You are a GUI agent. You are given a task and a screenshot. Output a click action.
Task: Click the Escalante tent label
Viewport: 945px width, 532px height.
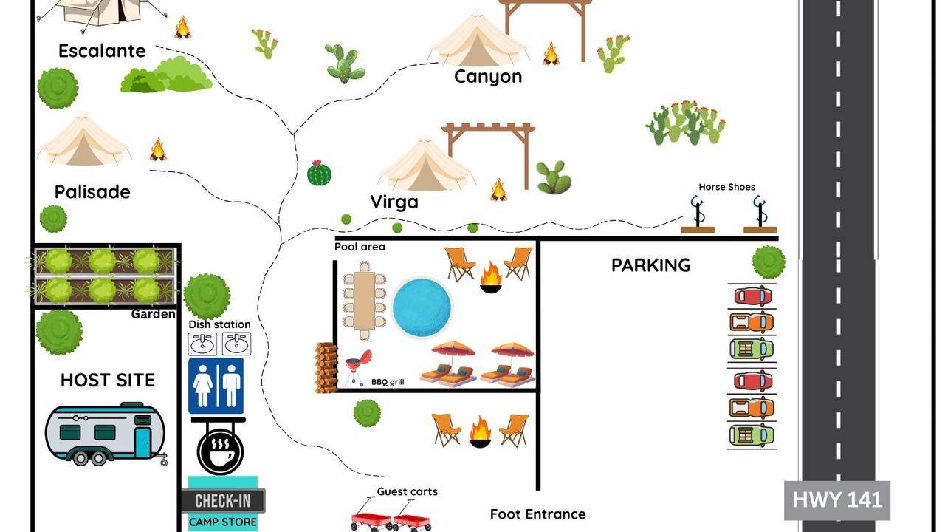click(x=102, y=51)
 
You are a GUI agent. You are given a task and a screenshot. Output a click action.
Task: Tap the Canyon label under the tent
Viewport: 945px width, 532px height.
click(x=488, y=77)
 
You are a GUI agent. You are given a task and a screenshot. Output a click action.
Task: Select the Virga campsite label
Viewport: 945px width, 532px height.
click(x=394, y=202)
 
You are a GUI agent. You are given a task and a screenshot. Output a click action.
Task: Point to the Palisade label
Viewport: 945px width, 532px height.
click(x=92, y=192)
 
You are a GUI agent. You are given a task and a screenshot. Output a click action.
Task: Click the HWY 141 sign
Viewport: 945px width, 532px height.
click(x=837, y=500)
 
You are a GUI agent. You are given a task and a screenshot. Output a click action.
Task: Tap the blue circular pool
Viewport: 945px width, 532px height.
click(x=422, y=307)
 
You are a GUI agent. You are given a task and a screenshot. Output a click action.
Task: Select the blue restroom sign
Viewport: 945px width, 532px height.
click(x=216, y=386)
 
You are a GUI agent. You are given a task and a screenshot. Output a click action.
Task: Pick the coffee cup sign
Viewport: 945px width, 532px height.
click(x=220, y=451)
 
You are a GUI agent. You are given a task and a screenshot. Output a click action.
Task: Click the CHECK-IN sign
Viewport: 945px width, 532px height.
click(x=223, y=501)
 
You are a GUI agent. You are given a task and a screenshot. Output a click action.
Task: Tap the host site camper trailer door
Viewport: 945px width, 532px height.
click(x=142, y=443)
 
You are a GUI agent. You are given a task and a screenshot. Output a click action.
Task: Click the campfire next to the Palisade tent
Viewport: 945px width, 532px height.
click(x=158, y=149)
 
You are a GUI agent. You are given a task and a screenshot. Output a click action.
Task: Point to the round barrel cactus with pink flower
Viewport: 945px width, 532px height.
click(x=319, y=173)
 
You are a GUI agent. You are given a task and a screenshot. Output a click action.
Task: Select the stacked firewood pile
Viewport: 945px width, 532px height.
click(x=326, y=367)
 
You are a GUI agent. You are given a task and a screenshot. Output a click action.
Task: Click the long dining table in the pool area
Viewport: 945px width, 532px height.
click(x=364, y=300)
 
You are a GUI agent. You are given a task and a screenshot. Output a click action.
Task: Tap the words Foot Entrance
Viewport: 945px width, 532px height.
click(x=538, y=514)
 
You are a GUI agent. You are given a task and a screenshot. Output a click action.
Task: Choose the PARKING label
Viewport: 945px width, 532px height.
click(x=651, y=265)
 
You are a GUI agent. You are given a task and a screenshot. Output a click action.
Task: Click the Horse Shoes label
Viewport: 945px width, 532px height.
click(x=726, y=187)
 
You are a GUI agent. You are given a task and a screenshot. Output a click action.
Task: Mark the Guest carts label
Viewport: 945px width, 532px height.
click(x=407, y=492)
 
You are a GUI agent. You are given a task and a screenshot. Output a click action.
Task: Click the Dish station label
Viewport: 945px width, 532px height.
click(x=219, y=324)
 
